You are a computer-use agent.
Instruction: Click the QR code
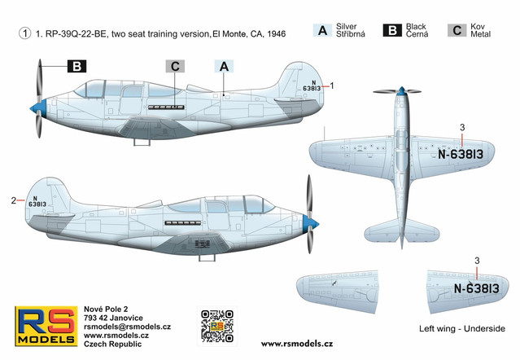pyautogui.click(x=217, y=327)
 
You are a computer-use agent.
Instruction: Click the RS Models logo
pyautogui.click(x=46, y=326)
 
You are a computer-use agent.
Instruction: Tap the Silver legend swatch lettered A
pyautogui.click(x=322, y=30)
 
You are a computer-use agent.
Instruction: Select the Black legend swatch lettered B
pyautogui.click(x=392, y=30)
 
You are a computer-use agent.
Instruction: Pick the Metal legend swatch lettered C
pyautogui.click(x=457, y=30)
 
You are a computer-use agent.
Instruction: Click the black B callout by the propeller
pyautogui.click(x=77, y=66)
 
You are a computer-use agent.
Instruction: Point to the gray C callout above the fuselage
pyautogui.click(x=175, y=66)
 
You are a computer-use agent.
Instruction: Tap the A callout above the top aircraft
pyautogui.click(x=224, y=66)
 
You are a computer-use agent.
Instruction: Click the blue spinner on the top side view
pyautogui.click(x=38, y=107)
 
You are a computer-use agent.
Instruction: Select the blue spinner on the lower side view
pyautogui.click(x=311, y=223)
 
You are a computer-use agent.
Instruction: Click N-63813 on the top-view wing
pyautogui.click(x=461, y=154)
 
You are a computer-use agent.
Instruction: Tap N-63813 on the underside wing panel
pyautogui.click(x=477, y=288)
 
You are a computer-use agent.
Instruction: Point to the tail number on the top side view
pyautogui.click(x=312, y=86)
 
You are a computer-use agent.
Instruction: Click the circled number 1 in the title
pyautogui.click(x=25, y=33)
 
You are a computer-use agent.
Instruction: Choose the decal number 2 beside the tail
pyautogui.click(x=13, y=200)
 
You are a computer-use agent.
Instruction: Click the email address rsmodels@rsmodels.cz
pyautogui.click(x=127, y=327)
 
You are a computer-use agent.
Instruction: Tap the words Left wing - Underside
pyautogui.click(x=462, y=329)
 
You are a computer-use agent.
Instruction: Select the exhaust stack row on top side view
pyautogui.click(x=166, y=108)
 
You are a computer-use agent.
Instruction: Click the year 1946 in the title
pyautogui.click(x=276, y=34)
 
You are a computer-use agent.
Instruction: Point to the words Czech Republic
pyautogui.click(x=113, y=344)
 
